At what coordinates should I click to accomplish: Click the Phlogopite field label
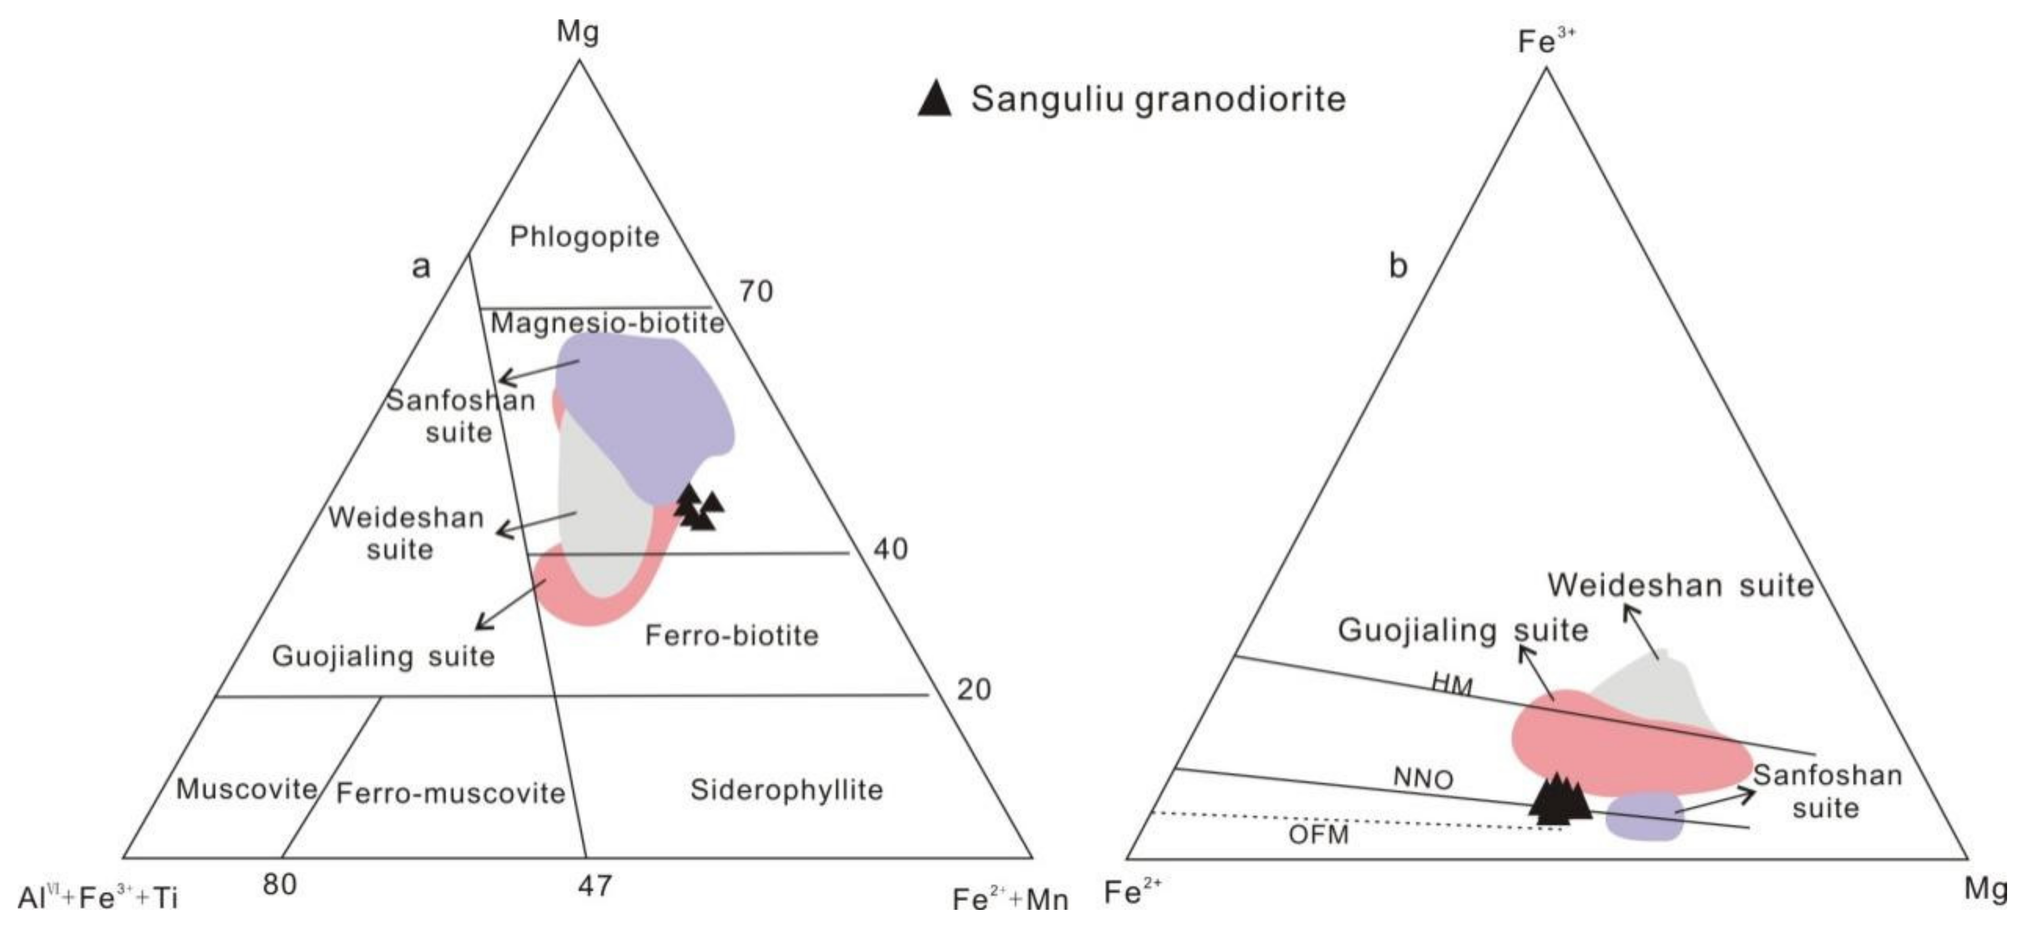pos(585,236)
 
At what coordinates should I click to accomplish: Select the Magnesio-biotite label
pos(606,322)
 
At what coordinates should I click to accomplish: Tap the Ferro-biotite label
pos(731,635)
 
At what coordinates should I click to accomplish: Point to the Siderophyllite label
pos(786,789)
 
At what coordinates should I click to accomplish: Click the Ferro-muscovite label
pos(451,793)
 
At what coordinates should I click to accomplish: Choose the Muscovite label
pos(246,788)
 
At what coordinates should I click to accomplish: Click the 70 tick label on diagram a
pos(756,292)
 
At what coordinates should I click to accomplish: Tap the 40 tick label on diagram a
pos(891,549)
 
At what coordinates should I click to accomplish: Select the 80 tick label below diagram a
pos(280,884)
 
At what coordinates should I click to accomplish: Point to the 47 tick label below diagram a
pos(594,886)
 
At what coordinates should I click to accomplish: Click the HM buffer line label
pos(1452,685)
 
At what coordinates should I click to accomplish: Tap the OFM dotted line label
pos(1319,834)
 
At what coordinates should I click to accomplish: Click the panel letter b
pos(1398,267)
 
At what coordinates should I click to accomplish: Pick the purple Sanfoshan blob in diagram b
pos(1645,816)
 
